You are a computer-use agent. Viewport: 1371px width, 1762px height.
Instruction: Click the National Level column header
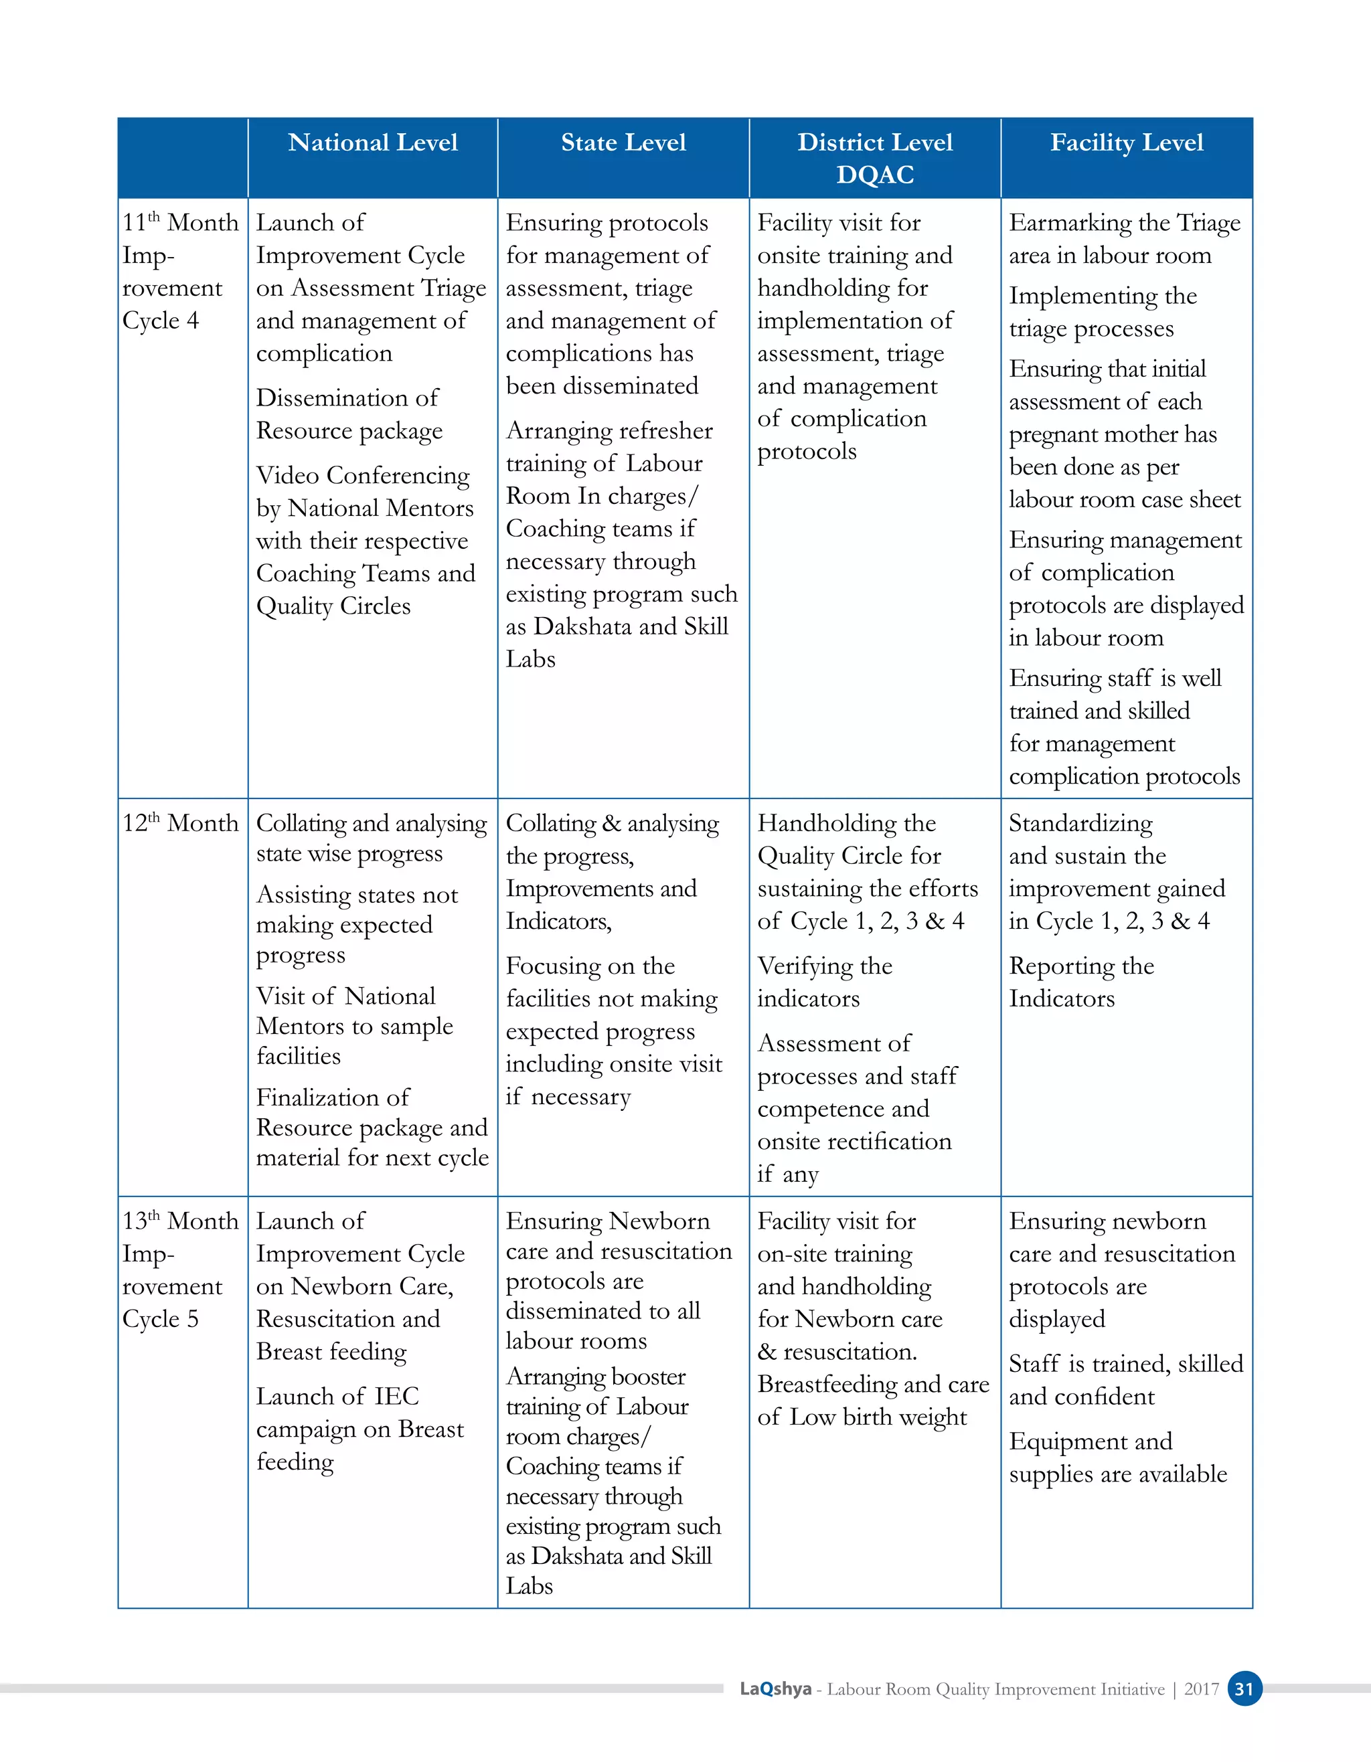coord(372,143)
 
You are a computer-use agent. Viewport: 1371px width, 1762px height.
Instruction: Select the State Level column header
coord(623,143)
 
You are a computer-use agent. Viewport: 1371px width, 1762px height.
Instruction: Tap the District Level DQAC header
coord(875,158)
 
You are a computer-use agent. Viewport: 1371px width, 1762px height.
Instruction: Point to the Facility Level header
coord(1127,143)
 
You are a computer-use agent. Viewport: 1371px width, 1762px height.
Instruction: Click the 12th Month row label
coord(181,823)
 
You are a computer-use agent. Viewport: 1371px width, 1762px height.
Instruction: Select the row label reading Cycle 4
coord(161,321)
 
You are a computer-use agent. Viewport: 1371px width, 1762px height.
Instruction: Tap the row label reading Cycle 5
coord(161,1318)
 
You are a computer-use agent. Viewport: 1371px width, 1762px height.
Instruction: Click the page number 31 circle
coord(1244,1688)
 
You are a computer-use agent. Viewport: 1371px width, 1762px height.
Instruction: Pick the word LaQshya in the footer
coord(775,1688)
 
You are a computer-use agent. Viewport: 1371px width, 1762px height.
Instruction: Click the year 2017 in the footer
coord(1201,1688)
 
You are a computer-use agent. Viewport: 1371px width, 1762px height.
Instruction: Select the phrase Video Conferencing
coord(362,475)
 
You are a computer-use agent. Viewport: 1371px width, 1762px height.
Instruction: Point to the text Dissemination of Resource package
coord(349,414)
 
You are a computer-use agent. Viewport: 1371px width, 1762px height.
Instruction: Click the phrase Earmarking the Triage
coord(1125,223)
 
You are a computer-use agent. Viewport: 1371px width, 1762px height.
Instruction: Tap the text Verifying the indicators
coord(824,982)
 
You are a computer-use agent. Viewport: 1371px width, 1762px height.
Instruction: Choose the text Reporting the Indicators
coord(1081,982)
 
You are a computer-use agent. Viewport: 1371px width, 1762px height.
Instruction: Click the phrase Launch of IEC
coord(337,1396)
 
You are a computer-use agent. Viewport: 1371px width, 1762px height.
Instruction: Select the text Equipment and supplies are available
coord(1117,1457)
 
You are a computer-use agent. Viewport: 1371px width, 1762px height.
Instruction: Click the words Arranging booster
coord(596,1376)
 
